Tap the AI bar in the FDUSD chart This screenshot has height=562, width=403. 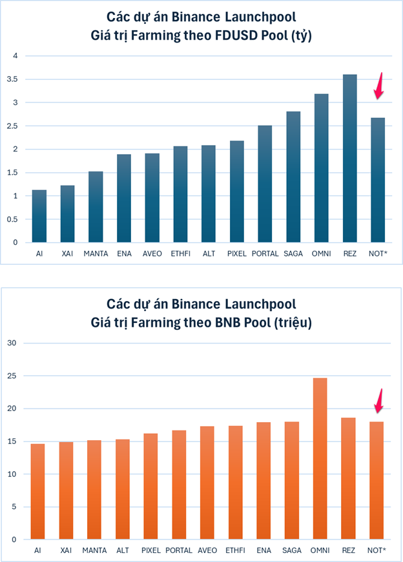coord(39,216)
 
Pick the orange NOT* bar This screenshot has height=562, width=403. coord(377,480)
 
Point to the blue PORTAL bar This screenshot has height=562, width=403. coord(265,184)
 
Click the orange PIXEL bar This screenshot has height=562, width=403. coord(150,486)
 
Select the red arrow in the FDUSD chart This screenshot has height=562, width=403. coord(379,86)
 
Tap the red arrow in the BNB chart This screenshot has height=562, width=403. coord(380,400)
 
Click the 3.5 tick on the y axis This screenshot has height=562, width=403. coord(12,79)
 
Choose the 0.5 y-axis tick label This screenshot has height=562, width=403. coord(12,219)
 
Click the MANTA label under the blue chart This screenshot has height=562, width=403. coord(96,254)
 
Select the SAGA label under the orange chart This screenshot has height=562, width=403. coord(291,550)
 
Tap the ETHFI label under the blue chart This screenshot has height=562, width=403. coord(180,254)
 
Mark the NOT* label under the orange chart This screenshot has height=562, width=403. coord(377,550)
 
